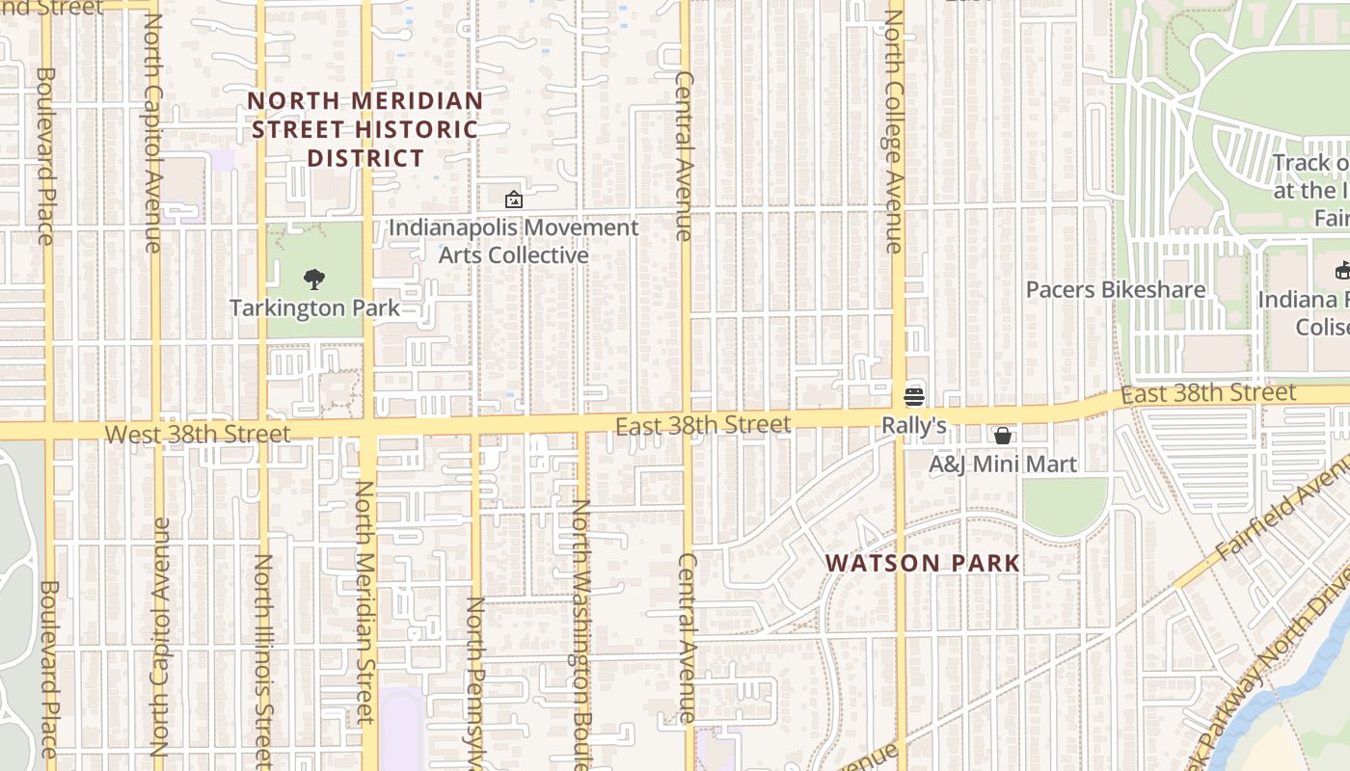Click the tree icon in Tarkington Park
(313, 279)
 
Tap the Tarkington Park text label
(314, 308)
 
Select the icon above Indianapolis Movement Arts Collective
(514, 199)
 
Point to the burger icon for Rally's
(913, 396)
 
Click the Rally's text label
(913, 425)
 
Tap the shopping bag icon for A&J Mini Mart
(1003, 436)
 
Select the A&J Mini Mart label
(1002, 465)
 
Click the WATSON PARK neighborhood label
(923, 563)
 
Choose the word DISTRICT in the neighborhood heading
(365, 158)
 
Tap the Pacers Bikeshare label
(1115, 290)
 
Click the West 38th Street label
(197, 435)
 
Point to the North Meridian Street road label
(364, 602)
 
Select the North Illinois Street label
(262, 660)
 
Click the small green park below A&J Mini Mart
(1065, 503)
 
